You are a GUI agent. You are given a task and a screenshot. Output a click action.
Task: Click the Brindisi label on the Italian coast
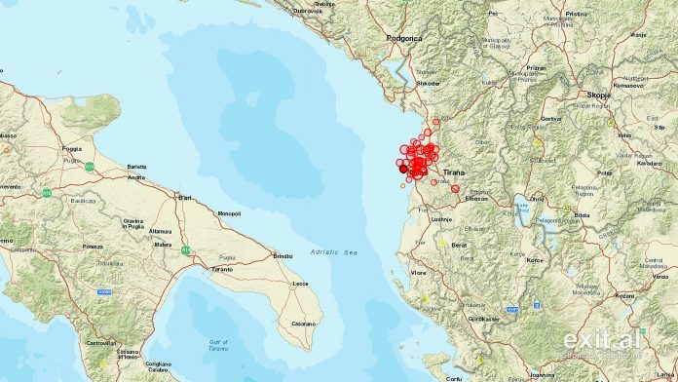click(x=283, y=255)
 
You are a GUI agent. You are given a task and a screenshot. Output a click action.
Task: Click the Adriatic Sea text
click(x=334, y=252)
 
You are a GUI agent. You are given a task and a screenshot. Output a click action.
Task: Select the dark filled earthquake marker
click(x=403, y=169)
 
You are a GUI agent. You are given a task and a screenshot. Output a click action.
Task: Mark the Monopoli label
click(x=229, y=212)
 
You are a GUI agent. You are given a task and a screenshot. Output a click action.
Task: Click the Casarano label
click(x=304, y=324)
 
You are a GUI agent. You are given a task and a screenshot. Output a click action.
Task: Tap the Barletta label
click(x=136, y=167)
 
